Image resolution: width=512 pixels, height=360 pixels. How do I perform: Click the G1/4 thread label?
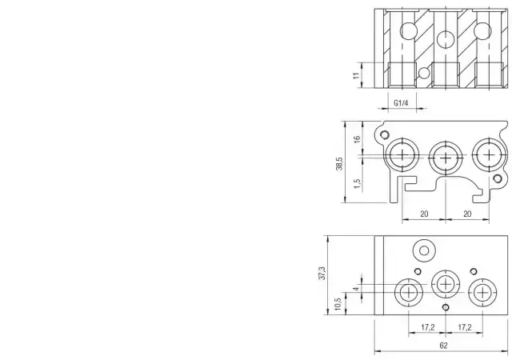point(401,103)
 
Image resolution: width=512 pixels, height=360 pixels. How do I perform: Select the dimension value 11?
point(356,75)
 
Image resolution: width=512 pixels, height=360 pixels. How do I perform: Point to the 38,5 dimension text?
point(339,163)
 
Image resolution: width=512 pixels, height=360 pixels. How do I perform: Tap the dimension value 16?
point(358,138)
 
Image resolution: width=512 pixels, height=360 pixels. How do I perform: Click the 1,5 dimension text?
point(358,183)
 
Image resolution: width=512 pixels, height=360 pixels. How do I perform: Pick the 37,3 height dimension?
point(322,273)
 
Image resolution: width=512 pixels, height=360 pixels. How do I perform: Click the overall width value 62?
point(443,346)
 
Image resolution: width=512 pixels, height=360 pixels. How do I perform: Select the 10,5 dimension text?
point(338,304)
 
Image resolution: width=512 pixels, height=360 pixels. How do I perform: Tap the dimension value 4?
point(357,289)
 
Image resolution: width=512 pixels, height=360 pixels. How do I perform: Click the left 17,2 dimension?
point(428,327)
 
